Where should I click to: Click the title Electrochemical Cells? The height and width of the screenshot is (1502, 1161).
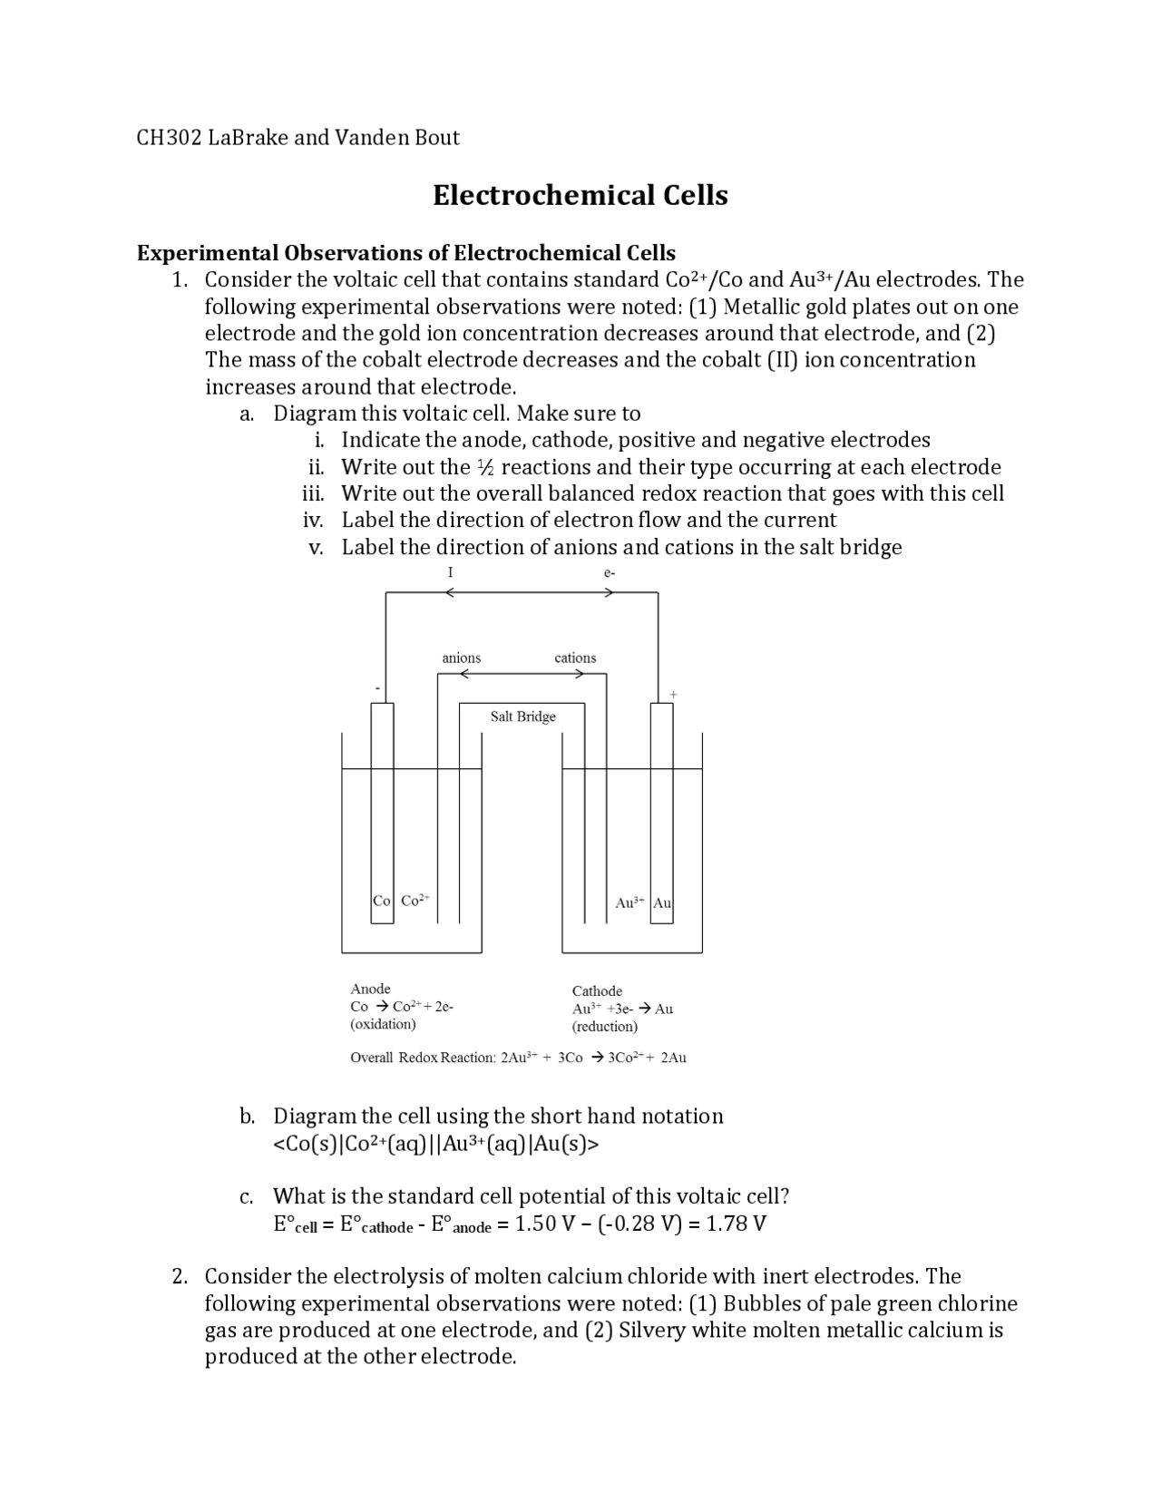pyautogui.click(x=580, y=195)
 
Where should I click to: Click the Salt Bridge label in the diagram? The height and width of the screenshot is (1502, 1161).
pyautogui.click(x=522, y=717)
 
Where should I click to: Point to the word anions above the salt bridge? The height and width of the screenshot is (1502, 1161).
pyautogui.click(x=461, y=658)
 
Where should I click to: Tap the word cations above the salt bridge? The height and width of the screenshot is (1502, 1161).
pyautogui.click(x=575, y=658)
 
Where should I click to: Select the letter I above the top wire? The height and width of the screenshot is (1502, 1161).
pyautogui.click(x=450, y=572)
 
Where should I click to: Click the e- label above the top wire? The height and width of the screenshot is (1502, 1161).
pyautogui.click(x=609, y=572)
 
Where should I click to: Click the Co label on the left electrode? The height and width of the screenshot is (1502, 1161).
pyautogui.click(x=382, y=901)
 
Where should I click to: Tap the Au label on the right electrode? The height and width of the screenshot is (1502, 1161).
pyautogui.click(x=662, y=902)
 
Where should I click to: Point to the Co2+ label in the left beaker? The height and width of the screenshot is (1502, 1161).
pyautogui.click(x=415, y=901)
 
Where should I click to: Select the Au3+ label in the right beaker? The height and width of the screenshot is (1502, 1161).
pyautogui.click(x=629, y=902)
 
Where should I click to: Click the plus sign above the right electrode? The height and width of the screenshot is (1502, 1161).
pyautogui.click(x=673, y=694)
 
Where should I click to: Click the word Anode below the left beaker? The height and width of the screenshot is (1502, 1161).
pyautogui.click(x=370, y=989)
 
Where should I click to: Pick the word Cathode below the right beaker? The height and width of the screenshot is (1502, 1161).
pyautogui.click(x=597, y=990)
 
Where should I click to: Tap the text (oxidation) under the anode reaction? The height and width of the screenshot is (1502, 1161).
pyautogui.click(x=383, y=1024)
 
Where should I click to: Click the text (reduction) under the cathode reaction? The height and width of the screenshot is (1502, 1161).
pyautogui.click(x=604, y=1026)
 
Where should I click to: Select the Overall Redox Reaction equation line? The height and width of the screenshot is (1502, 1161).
pyautogui.click(x=518, y=1058)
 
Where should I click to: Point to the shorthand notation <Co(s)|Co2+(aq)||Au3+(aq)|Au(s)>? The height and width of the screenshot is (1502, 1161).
pyautogui.click(x=435, y=1144)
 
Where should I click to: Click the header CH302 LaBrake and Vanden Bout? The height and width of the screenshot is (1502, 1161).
pyautogui.click(x=298, y=138)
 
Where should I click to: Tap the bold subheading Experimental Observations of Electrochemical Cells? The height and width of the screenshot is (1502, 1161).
pyautogui.click(x=405, y=252)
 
